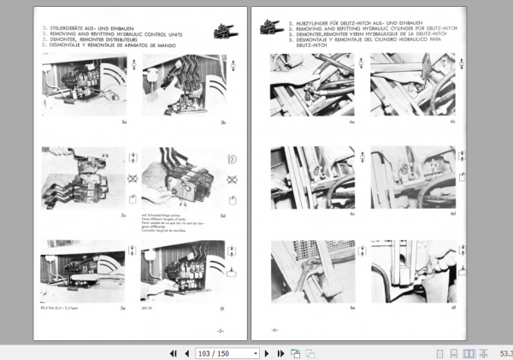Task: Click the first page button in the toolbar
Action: (x=174, y=352)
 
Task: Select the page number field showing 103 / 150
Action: (x=227, y=352)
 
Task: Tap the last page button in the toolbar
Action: (x=279, y=352)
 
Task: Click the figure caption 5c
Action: (x=123, y=215)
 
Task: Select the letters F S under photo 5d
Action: (x=182, y=206)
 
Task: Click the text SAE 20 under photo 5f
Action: (x=146, y=305)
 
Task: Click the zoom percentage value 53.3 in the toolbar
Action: (x=505, y=352)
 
